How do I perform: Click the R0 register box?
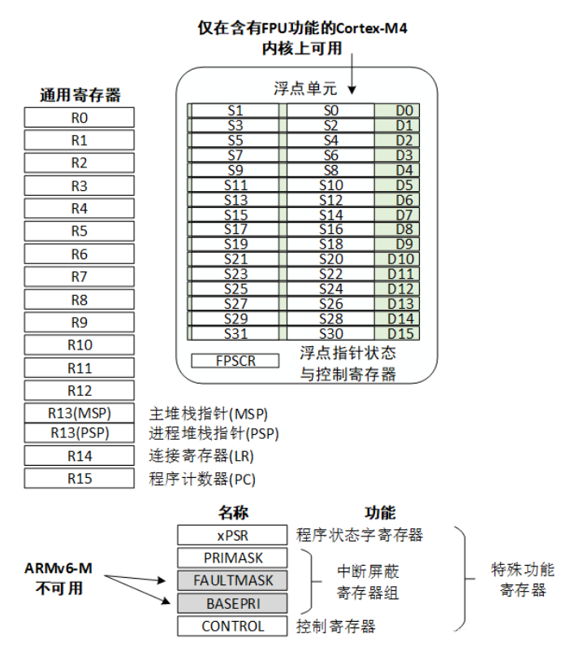point(79,118)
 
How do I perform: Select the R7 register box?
point(79,277)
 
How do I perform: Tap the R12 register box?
point(79,391)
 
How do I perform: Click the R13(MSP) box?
point(79,413)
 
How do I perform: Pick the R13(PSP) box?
point(79,433)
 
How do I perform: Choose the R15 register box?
point(79,479)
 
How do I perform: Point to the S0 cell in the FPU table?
point(330,111)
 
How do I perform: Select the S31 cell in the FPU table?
point(235,333)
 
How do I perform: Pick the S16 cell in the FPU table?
point(330,229)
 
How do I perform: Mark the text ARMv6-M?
point(57,568)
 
